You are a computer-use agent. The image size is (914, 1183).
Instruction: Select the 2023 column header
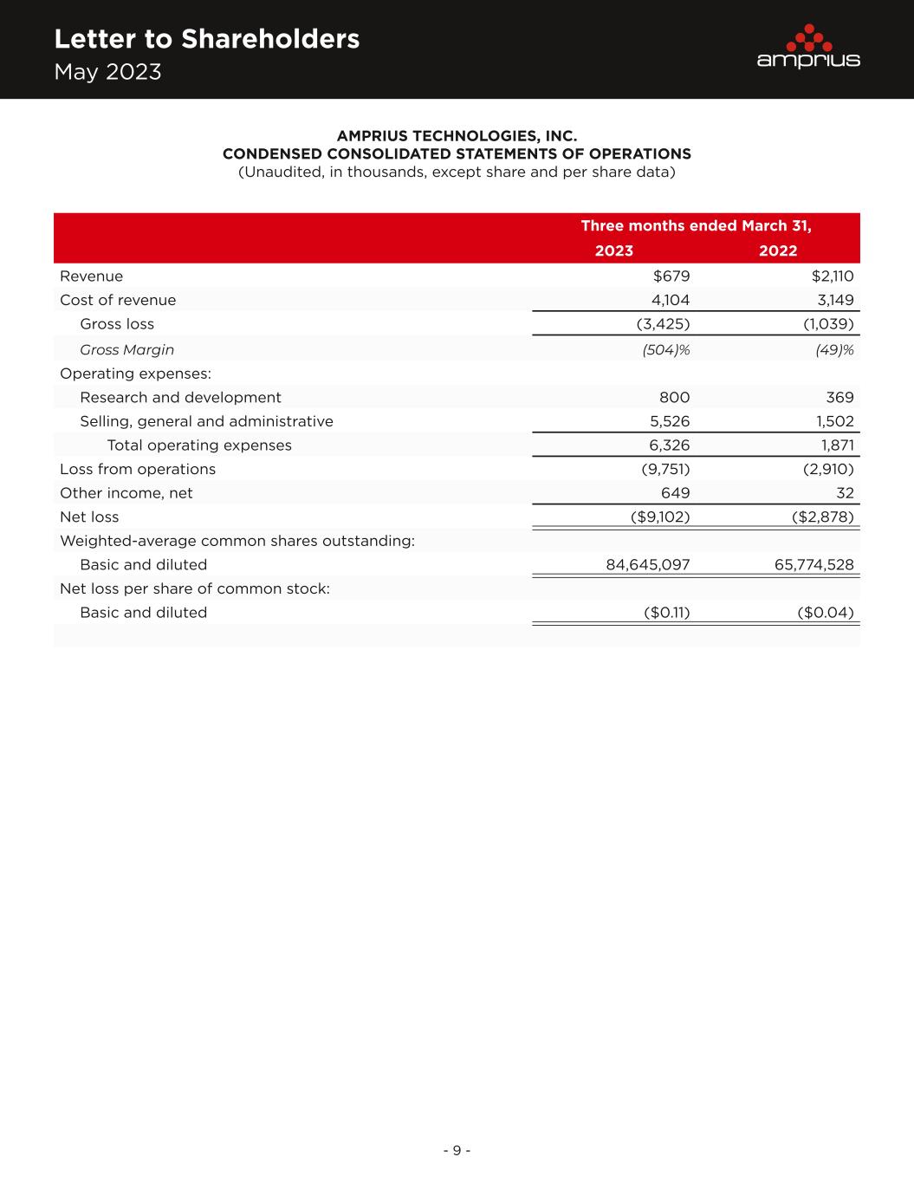[x=613, y=251]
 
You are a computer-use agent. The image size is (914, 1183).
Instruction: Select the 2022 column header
[x=778, y=251]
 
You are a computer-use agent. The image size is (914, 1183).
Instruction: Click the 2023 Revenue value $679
[x=671, y=276]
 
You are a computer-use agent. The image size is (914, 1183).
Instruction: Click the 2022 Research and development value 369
[x=839, y=398]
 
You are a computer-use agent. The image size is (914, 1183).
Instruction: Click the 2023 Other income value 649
[x=675, y=493]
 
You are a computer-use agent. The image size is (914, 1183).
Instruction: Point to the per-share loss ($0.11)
[x=667, y=613]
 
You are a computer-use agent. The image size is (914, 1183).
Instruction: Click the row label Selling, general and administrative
[x=206, y=421]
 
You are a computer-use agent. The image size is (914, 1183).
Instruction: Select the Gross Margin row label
[x=126, y=349]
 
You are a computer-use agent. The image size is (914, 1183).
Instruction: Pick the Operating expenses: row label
[x=135, y=374]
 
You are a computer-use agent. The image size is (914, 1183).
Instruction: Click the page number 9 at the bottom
[x=457, y=1151]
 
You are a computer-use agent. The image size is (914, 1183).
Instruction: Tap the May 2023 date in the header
[x=107, y=72]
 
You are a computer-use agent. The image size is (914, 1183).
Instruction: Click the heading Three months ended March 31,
[x=696, y=226]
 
